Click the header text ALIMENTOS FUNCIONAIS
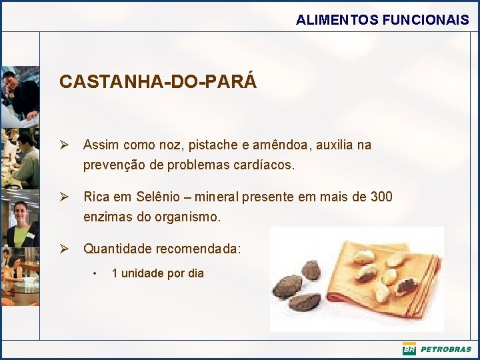[382, 20]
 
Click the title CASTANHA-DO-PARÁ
[157, 82]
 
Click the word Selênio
[158, 197]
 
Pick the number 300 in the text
[381, 197]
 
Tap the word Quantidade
[117, 249]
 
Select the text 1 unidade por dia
[157, 273]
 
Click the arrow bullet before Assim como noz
[65, 145]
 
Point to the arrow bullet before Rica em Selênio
[65, 197]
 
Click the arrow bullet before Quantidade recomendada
[65, 249]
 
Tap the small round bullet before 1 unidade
[96, 273]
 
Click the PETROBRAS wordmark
[445, 349]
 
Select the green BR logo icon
[409, 349]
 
